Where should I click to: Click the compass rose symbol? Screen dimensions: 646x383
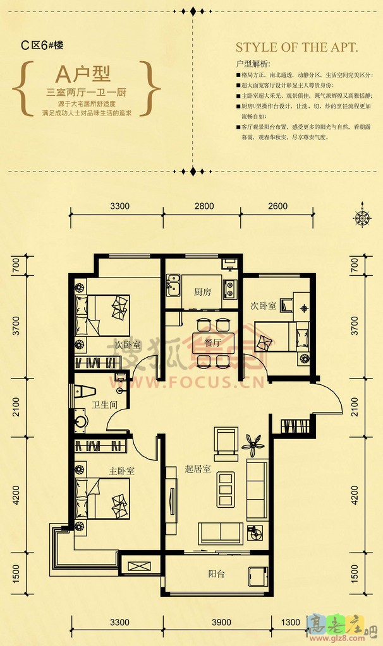(x=362, y=218)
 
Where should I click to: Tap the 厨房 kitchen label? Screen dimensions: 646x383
(x=202, y=292)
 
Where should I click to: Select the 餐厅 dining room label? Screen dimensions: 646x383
(x=212, y=343)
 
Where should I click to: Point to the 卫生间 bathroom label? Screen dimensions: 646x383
(x=104, y=406)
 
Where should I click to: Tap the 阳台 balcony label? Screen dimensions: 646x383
(x=217, y=574)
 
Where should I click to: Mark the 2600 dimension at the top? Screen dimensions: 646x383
(x=277, y=206)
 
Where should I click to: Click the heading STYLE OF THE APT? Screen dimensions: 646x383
(x=296, y=47)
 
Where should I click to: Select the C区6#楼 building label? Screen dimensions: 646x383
(x=42, y=45)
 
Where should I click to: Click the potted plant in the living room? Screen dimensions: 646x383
(x=253, y=444)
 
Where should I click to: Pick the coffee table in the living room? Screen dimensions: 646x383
(x=226, y=486)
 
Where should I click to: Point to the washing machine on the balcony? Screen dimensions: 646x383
(x=258, y=577)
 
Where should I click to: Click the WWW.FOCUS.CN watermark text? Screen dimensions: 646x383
(x=188, y=383)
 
